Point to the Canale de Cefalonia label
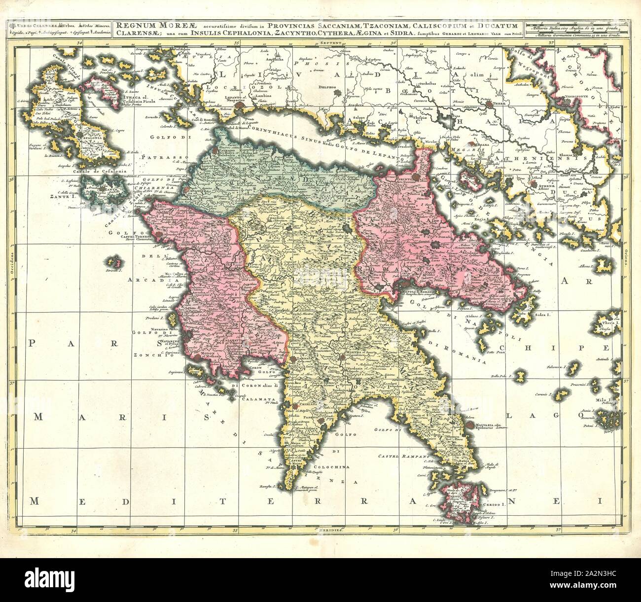[93, 171]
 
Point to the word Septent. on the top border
[330, 43]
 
